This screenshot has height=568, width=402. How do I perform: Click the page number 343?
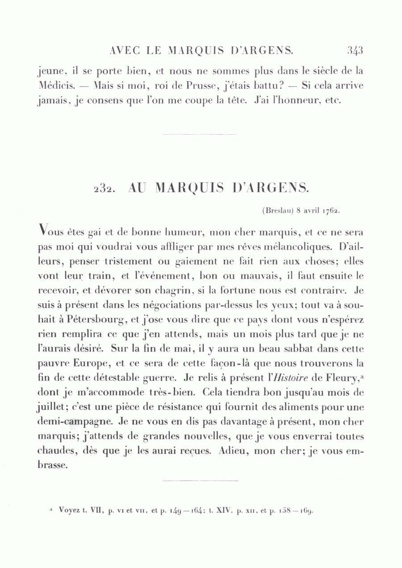355,50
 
